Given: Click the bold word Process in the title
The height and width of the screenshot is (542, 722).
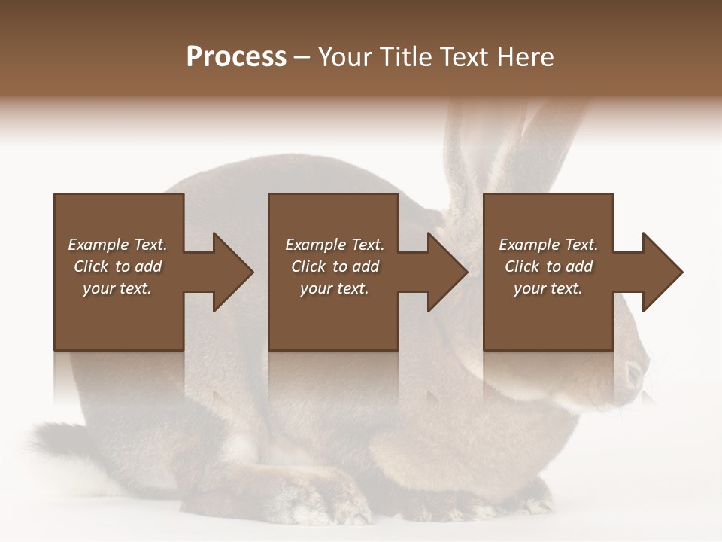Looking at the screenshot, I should pyautogui.click(x=236, y=57).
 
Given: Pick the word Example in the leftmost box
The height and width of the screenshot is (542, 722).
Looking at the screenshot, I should pyautogui.click(x=99, y=245).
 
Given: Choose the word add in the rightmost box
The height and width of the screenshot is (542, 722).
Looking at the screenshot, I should pyautogui.click(x=579, y=266).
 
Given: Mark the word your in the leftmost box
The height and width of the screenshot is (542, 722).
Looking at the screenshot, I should pyautogui.click(x=98, y=288).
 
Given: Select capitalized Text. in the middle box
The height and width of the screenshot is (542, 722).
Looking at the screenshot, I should pyautogui.click(x=367, y=245).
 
